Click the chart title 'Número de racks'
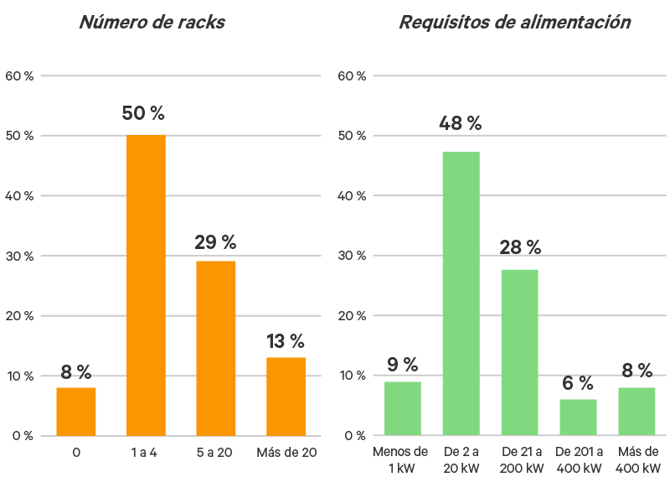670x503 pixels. click(x=152, y=23)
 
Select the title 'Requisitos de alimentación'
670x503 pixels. click(x=514, y=23)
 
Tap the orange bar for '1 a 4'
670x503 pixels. click(x=146, y=285)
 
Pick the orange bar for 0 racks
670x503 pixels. click(x=76, y=411)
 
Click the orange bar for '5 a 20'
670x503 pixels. click(x=216, y=348)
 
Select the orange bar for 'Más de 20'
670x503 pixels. click(x=286, y=396)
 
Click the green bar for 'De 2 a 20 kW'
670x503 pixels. click(x=461, y=293)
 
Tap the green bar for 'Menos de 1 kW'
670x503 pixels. click(x=403, y=408)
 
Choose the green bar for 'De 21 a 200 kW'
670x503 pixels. click(x=519, y=352)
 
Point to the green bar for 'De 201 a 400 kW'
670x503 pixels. click(x=578, y=417)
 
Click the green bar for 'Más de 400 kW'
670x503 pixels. click(x=636, y=411)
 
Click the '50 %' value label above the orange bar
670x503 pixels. click(x=146, y=113)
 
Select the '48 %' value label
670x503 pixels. click(x=461, y=123)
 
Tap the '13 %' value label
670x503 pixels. click(x=286, y=341)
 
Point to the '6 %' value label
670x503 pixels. click(x=578, y=383)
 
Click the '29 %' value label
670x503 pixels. click(x=216, y=242)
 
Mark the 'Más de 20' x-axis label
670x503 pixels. click(x=286, y=453)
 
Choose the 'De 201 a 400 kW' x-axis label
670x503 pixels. click(x=578, y=460)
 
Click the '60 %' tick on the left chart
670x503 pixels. click(x=18, y=75)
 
